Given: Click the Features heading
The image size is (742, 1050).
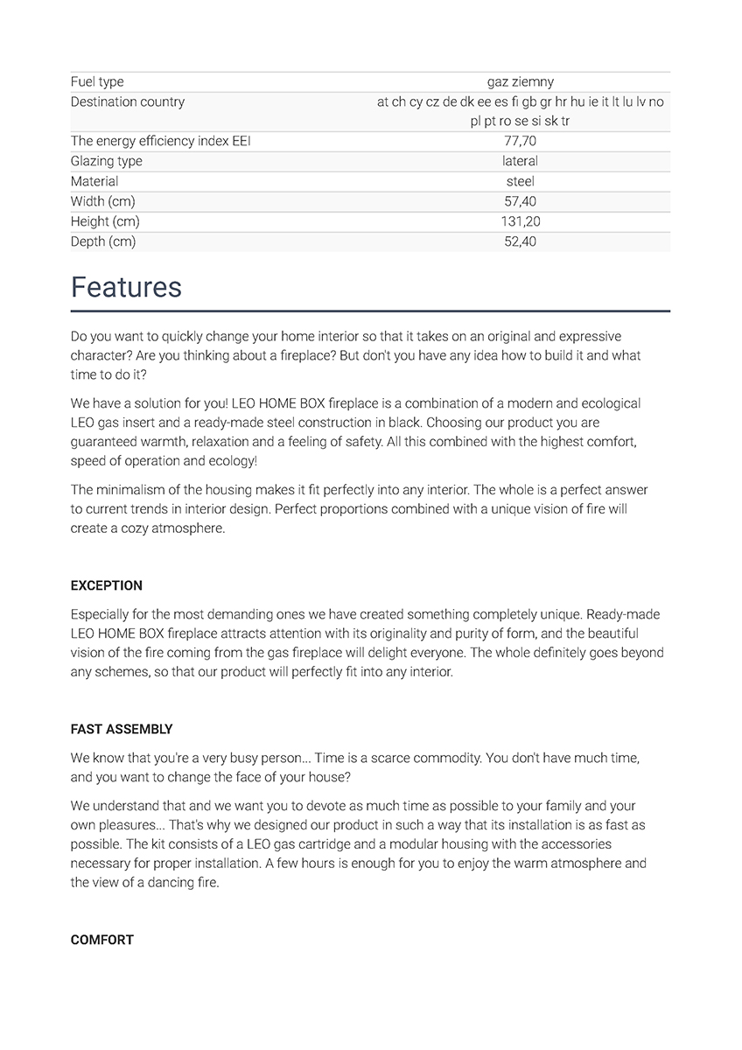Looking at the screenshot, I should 126,288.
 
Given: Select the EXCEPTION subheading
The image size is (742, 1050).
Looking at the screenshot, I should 106,585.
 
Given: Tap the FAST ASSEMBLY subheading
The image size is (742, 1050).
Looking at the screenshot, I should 122,729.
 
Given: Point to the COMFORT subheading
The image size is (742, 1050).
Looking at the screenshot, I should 101,940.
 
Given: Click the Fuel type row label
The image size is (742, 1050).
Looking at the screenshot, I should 97,82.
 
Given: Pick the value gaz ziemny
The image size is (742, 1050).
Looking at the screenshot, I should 520,82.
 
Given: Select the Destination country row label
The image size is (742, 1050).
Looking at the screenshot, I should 128,102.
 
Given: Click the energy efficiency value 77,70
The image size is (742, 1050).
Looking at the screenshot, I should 520,141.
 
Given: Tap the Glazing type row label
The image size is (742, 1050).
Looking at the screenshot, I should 107,161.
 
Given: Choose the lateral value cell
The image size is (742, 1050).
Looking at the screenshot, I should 520,161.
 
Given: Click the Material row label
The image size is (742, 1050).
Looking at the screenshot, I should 94,181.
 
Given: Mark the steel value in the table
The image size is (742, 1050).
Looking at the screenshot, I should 520,181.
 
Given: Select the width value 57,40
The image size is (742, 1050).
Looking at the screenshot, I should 520,201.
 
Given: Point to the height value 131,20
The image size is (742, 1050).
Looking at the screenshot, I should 520,221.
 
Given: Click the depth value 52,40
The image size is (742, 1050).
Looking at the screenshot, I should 520,241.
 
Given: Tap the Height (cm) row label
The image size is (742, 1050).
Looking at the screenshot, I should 105,221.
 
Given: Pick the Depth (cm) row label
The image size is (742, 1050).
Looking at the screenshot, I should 103,241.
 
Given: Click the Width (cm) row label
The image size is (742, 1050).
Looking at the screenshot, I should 103,201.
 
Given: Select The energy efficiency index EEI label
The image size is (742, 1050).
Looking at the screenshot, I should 160,141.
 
